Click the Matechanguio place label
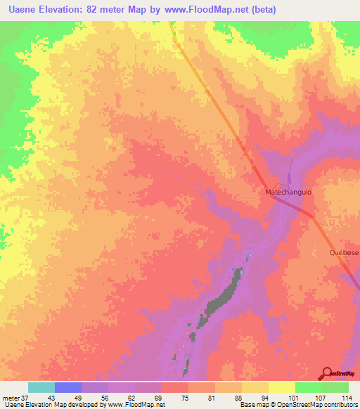click(288, 192)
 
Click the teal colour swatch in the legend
click(41, 387)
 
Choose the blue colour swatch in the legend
click(67, 387)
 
